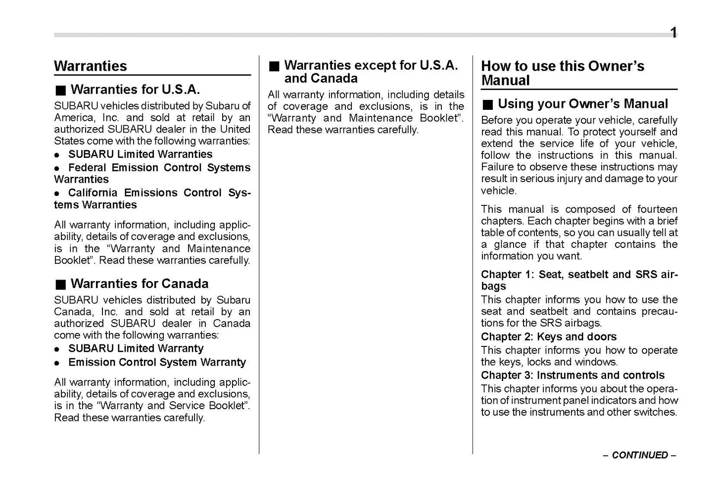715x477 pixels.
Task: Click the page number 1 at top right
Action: tap(673, 33)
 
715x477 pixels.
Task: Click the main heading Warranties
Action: tap(90, 66)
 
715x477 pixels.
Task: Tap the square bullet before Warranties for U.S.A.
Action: tap(60, 91)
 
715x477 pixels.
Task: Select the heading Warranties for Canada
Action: tap(139, 284)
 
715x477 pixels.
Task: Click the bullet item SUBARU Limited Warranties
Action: tap(140, 154)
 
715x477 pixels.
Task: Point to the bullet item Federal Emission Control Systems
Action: tap(159, 168)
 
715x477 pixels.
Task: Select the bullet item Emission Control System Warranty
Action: tap(157, 362)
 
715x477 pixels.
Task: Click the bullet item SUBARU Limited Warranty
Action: tap(136, 349)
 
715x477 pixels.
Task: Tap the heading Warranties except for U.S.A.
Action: tap(371, 66)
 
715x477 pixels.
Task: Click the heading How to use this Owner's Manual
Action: tap(562, 73)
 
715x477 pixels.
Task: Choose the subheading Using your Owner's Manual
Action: tap(582, 104)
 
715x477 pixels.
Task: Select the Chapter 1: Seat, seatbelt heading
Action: tap(579, 275)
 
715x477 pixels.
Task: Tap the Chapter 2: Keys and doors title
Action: tap(548, 337)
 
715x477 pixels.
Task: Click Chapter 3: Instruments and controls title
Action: tap(572, 376)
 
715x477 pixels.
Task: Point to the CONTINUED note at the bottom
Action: tap(639, 455)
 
